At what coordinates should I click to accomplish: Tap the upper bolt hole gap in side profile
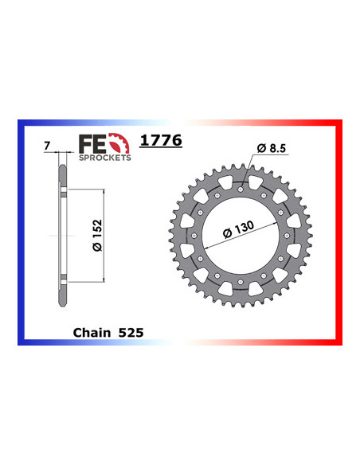click(64, 193)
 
